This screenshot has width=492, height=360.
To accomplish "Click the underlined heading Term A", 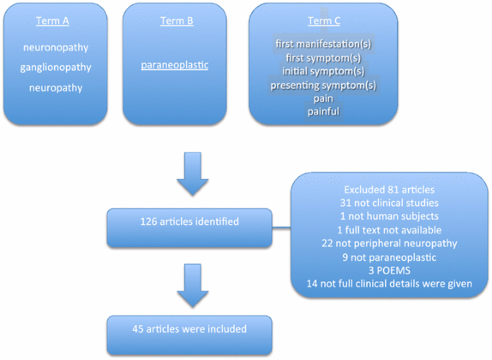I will (53, 21).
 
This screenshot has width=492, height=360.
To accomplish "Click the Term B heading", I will (175, 21).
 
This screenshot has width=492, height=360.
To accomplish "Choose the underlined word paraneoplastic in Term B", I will (175, 65).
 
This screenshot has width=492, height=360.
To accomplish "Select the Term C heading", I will (323, 21).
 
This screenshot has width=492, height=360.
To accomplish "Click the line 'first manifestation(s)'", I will (323, 45).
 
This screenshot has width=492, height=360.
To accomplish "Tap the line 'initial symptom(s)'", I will (323, 72).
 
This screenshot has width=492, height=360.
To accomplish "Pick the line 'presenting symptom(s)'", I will (323, 86).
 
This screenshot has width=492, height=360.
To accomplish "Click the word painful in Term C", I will (323, 112).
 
